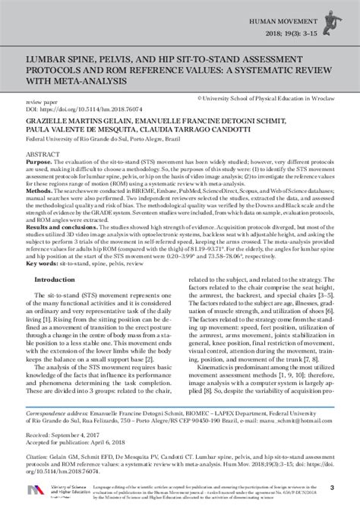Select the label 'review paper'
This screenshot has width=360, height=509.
pos(43,100)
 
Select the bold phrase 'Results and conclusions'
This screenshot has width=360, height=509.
pos(68,248)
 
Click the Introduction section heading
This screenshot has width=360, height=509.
pos(65,302)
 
